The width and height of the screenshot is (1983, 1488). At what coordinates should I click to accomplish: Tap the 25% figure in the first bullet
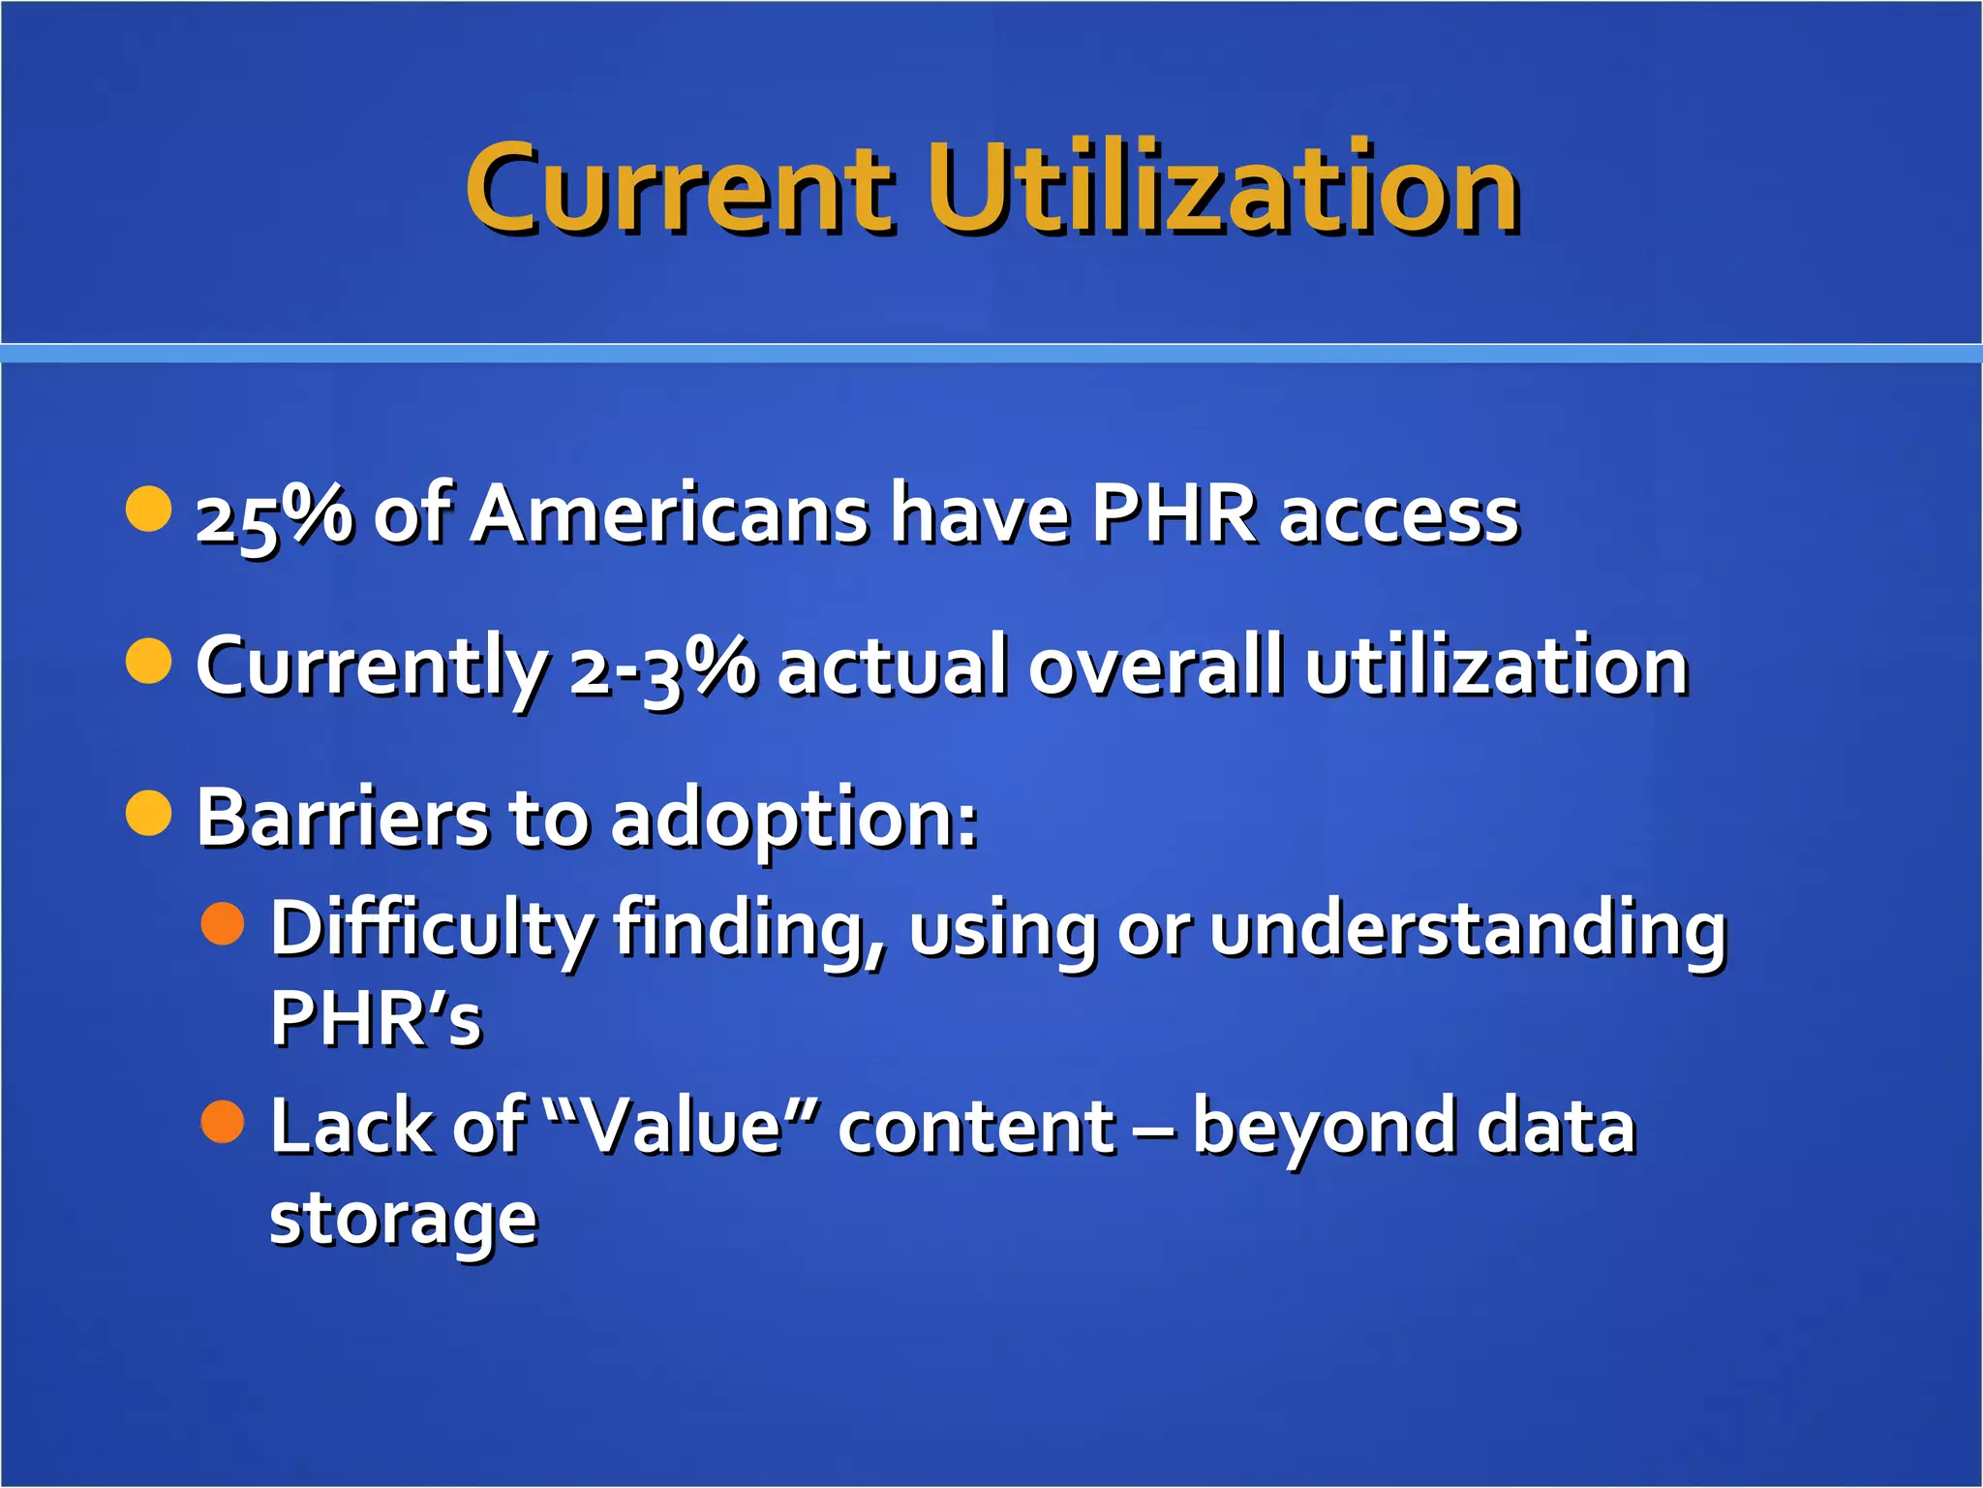click(274, 516)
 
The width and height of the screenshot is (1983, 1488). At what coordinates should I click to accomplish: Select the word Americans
click(669, 514)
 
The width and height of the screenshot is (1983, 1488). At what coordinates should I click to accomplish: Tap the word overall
click(1156, 666)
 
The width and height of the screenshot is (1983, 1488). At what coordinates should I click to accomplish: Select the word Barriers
click(342, 819)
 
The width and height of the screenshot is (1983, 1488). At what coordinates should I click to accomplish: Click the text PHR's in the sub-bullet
click(376, 1019)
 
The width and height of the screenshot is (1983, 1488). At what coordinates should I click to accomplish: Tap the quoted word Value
click(683, 1128)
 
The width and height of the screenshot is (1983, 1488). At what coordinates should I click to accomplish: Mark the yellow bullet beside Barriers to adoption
click(149, 812)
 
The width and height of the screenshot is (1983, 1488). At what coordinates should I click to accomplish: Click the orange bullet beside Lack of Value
click(223, 1121)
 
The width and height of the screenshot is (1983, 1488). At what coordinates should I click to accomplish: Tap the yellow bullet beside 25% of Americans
click(149, 509)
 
